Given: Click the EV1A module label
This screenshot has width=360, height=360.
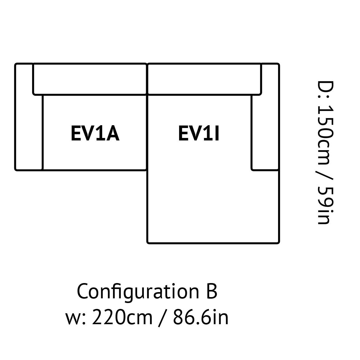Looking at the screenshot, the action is pyautogui.click(x=95, y=133).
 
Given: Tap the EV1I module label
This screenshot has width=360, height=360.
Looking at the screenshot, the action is pyautogui.click(x=199, y=133).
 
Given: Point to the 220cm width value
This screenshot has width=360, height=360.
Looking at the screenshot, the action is pyautogui.click(x=122, y=318).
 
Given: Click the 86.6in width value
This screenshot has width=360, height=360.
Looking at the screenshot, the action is pyautogui.click(x=201, y=318).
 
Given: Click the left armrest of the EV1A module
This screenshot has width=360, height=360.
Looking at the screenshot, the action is pyautogui.click(x=29, y=117).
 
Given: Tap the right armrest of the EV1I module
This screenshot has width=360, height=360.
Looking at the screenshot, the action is pyautogui.click(x=265, y=117).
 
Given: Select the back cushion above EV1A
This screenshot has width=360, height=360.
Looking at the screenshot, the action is pyautogui.click(x=90, y=79).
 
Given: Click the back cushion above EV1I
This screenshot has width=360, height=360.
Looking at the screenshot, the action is pyautogui.click(x=204, y=79).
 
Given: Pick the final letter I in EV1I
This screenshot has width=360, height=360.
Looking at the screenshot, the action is pyautogui.click(x=217, y=133).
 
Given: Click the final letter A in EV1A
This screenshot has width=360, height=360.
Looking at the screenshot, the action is pyautogui.click(x=112, y=133).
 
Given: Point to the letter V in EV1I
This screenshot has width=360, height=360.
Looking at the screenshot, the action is pyautogui.click(x=195, y=133).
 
